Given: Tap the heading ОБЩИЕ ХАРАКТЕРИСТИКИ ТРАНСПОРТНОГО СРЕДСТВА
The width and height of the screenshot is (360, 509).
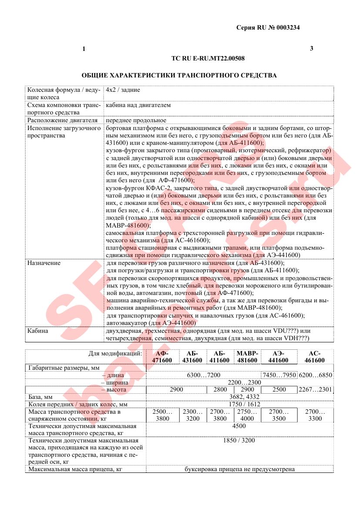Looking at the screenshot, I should (179, 75).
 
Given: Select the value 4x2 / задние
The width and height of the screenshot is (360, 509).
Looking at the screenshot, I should (123, 90).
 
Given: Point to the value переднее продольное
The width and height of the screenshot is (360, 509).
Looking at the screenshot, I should (136, 120).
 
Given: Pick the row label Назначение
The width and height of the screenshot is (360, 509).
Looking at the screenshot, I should (44, 263).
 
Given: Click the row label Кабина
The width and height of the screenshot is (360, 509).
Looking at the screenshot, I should (38, 331).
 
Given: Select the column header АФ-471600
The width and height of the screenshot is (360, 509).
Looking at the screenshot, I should (161, 357).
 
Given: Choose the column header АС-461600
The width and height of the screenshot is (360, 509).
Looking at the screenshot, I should (314, 357).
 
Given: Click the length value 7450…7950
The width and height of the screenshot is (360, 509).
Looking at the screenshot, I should (279, 375).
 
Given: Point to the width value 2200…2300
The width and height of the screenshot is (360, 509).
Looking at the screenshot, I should (239, 382).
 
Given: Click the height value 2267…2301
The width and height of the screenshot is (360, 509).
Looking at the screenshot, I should (315, 389).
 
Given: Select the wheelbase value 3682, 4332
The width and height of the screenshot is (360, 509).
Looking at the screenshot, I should (240, 397).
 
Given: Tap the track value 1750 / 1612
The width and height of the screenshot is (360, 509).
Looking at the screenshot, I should (240, 404).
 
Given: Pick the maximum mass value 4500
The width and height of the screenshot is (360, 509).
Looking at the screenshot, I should (240, 426).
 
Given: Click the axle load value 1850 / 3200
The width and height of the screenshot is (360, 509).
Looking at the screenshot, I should (240, 441).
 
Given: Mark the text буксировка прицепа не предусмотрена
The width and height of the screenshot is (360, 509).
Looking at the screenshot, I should (240, 469).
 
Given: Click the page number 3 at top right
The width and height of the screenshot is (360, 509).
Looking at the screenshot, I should (311, 48).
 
